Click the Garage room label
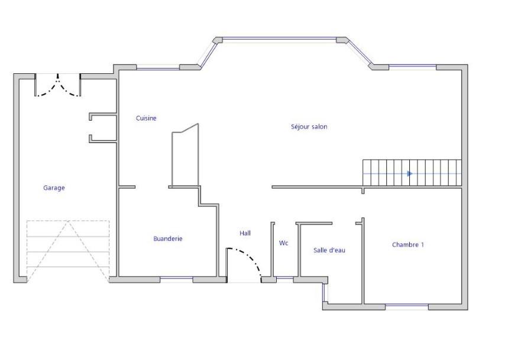click(x=54, y=188)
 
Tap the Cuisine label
click(x=146, y=118)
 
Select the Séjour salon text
click(x=309, y=127)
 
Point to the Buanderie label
click(x=168, y=238)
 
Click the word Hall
click(x=245, y=233)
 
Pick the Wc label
click(x=283, y=243)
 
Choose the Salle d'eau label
click(x=329, y=250)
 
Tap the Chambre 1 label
click(x=408, y=245)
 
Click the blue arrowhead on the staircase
click(x=410, y=174)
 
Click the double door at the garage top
click(x=58, y=86)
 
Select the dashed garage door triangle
click(x=68, y=251)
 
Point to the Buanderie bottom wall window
click(x=176, y=279)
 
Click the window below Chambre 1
click(x=407, y=307)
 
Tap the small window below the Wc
click(x=285, y=279)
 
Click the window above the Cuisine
click(x=158, y=67)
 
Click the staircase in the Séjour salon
click(x=412, y=173)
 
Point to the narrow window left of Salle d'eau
click(x=325, y=293)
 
